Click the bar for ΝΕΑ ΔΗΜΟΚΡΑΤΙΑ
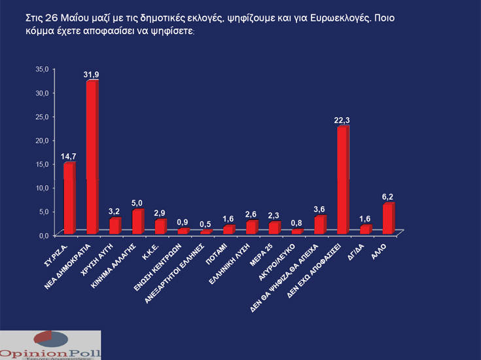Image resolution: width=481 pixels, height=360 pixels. (92, 157)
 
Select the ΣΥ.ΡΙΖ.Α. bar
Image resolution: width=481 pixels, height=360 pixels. (69, 198)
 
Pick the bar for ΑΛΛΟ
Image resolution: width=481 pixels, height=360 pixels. (388, 219)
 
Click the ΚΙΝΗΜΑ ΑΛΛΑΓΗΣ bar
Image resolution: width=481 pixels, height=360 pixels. (137, 222)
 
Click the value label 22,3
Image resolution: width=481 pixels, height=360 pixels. (342, 120)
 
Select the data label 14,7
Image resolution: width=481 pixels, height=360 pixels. (69, 156)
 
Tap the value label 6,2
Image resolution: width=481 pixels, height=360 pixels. (388, 196)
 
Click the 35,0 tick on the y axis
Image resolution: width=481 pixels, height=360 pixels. (42, 68)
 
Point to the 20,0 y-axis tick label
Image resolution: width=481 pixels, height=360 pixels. (42, 140)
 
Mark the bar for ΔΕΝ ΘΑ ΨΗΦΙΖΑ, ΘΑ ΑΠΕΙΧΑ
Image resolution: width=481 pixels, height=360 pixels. (319, 225)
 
